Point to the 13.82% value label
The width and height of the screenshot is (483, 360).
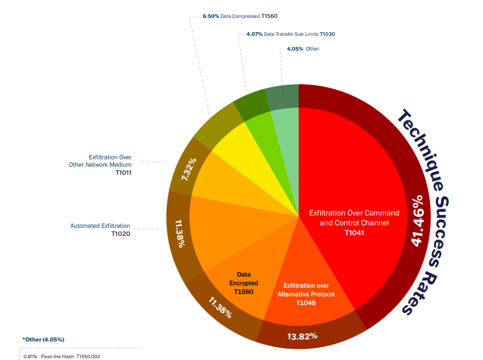click(x=303, y=336)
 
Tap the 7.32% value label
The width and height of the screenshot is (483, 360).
click(x=189, y=169)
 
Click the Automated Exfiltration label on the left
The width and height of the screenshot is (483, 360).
click(x=100, y=226)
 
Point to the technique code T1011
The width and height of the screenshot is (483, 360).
click(x=123, y=173)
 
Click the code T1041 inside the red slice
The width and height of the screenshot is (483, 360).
click(x=355, y=233)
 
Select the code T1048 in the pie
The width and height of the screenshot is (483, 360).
click(x=306, y=303)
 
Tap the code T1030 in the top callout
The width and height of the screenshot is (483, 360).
click(x=327, y=34)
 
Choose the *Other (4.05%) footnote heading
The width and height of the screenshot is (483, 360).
click(x=43, y=340)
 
